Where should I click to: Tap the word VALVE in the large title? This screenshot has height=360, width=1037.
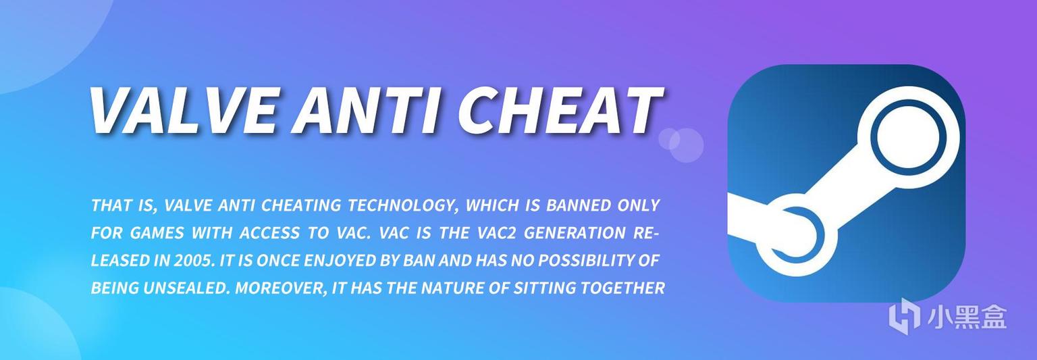(182, 110)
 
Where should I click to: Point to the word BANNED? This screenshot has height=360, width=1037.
(579, 205)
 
